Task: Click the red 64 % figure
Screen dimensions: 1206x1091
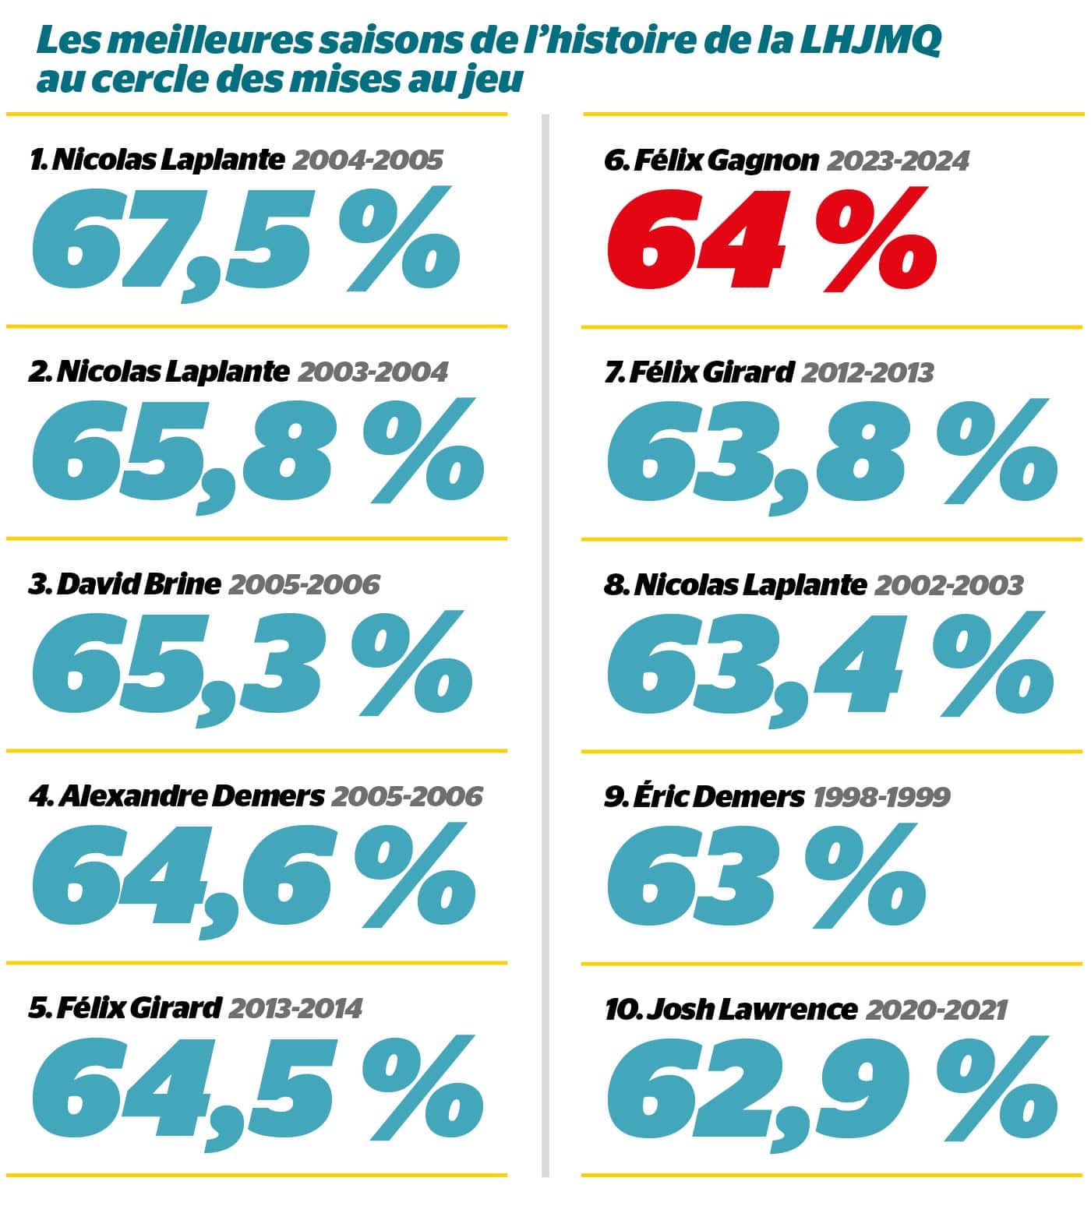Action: pos(771,240)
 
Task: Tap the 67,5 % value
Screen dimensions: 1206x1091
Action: pos(245,242)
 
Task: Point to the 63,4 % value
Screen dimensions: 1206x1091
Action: pos(830,666)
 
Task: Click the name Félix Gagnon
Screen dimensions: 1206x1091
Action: pos(726,160)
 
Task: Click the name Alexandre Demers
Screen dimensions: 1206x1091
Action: pos(190,795)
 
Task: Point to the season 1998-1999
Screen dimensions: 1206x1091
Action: pos(881,796)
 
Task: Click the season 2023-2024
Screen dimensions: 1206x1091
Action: pos(898,160)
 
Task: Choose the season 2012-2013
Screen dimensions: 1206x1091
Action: pos(867,372)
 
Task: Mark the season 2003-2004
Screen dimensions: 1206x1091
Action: pos(372,372)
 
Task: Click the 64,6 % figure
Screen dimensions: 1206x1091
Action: pos(253,879)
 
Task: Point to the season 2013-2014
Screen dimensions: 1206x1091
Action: pos(295,1008)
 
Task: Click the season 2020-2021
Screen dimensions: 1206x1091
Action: pos(936,1010)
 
